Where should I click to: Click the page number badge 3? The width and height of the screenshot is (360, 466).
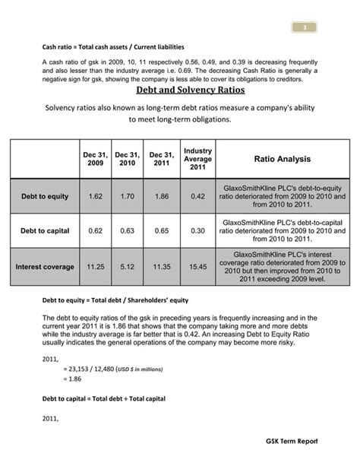pos(304,28)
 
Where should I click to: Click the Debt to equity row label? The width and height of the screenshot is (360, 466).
pos(44,196)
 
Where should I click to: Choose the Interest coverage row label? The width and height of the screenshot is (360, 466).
pos(44,267)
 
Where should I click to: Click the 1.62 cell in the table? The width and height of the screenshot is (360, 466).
pos(95,196)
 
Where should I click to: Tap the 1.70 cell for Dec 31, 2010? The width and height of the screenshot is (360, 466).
pos(127,196)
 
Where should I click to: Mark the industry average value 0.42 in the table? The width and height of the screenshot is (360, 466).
pos(197,196)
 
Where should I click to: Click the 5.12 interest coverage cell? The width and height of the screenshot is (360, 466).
pos(127,267)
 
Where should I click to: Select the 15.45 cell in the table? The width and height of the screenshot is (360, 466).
pos(197,267)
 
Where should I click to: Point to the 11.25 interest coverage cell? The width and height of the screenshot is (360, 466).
pos(95,267)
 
